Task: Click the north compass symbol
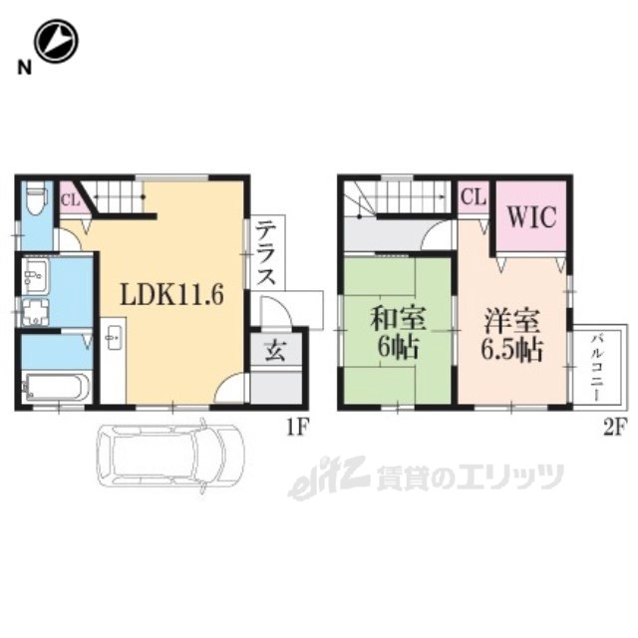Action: click(x=56, y=41)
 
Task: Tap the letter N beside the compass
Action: click(x=24, y=68)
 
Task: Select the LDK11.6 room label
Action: click(x=171, y=294)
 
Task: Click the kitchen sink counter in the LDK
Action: click(x=113, y=361)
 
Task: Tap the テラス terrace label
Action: click(x=267, y=252)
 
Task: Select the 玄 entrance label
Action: click(x=275, y=351)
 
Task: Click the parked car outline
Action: click(x=170, y=456)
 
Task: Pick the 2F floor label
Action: click(x=614, y=428)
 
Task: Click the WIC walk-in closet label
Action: click(x=531, y=216)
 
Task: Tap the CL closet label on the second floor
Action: click(x=474, y=197)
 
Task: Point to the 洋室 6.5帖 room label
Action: click(x=511, y=335)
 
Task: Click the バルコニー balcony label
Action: click(x=598, y=367)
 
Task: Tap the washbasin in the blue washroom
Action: click(x=36, y=275)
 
